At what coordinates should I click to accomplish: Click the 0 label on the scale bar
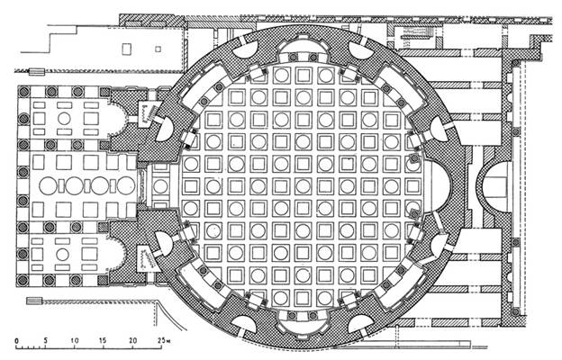coord(16,341)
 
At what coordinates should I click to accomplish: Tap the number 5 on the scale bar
coord(46,340)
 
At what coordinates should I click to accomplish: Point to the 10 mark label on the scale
coord(75,340)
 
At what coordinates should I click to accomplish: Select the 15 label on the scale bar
coord(103,340)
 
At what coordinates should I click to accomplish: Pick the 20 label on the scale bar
coord(133,340)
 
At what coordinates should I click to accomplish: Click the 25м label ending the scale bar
coord(163,340)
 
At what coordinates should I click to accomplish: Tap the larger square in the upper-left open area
coord(126,49)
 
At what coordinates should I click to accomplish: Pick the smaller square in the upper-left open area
coord(158,49)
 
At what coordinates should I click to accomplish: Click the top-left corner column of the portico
coord(24,92)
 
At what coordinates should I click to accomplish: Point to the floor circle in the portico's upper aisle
coord(64,119)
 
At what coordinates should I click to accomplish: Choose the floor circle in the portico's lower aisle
coord(62,255)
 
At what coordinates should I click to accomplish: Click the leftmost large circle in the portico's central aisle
coord(48,186)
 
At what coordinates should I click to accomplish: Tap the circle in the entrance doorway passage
coord(160,186)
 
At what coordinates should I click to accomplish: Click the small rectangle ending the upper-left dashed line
coord(37,72)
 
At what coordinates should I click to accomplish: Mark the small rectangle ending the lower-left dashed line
coord(34,301)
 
